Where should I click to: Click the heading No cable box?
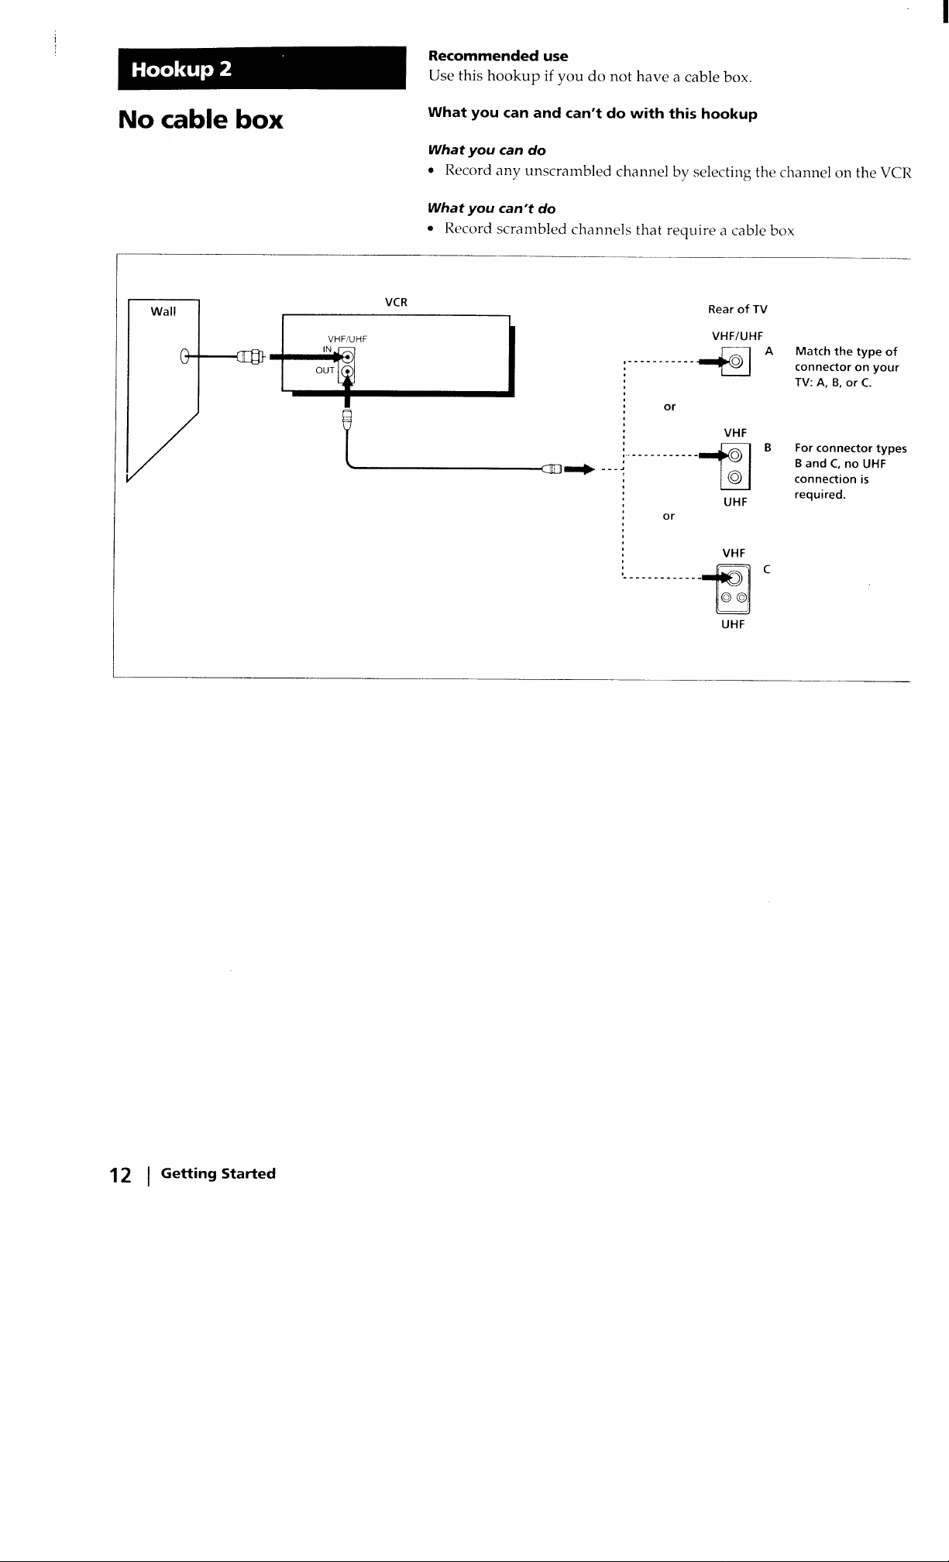(x=201, y=120)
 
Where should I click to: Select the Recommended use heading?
(x=498, y=56)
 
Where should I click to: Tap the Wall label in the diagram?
(x=163, y=311)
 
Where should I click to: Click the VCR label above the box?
(x=396, y=302)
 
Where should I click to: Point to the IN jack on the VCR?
(x=348, y=356)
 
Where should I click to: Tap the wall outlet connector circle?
(x=184, y=356)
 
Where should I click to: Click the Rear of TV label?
(x=738, y=310)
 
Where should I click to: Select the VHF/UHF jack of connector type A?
(x=736, y=361)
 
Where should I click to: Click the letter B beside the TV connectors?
(x=768, y=448)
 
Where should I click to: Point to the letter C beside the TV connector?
(x=766, y=570)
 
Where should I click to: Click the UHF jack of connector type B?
(x=736, y=478)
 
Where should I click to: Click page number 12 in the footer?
(x=120, y=1176)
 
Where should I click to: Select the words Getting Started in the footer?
(x=218, y=1174)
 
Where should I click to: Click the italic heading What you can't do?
(x=492, y=208)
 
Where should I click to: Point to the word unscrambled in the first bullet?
(x=568, y=171)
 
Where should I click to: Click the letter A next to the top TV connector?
(x=769, y=351)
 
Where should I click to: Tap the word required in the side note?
(x=820, y=495)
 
